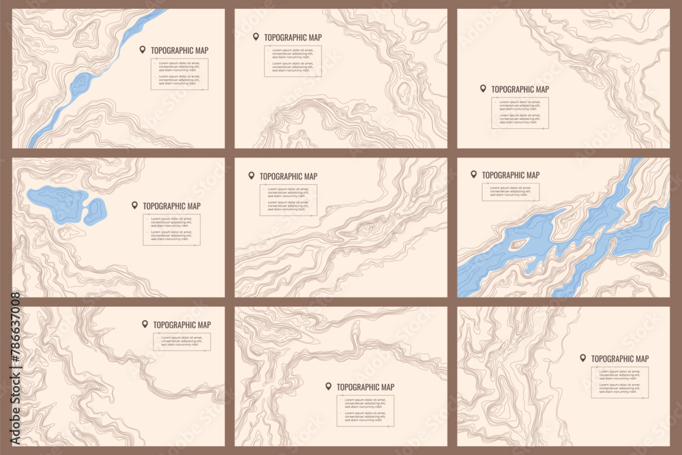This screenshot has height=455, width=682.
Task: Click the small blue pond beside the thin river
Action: coord(80,85)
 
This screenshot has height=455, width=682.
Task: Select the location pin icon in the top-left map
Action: coord(143,50)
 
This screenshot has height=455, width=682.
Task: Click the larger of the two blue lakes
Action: coord(57,203)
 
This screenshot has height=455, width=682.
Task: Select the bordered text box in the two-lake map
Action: coord(171,230)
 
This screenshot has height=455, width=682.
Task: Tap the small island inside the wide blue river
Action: coord(518,244)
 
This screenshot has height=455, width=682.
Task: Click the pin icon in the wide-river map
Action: coord(473,175)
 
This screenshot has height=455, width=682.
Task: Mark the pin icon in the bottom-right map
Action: coord(582,358)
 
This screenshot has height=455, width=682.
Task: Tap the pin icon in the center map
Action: coord(251,176)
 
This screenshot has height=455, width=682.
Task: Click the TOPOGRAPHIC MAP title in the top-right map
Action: coord(520,89)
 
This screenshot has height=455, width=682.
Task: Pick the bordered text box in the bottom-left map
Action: coord(181,342)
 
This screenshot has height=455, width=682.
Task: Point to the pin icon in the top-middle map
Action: coord(256,37)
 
